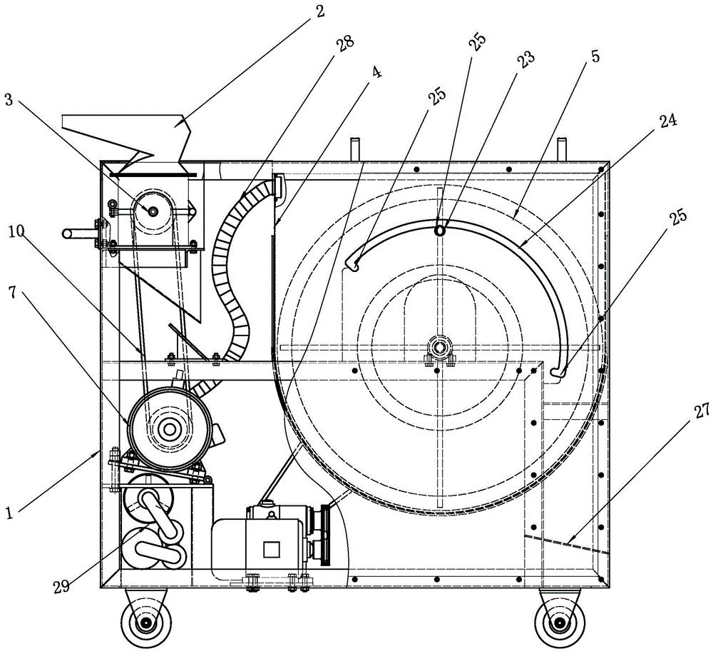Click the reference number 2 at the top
tap(320, 11)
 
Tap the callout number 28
tap(344, 45)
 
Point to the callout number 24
tap(666, 121)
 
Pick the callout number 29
tap(62, 586)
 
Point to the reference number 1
tap(9, 513)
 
